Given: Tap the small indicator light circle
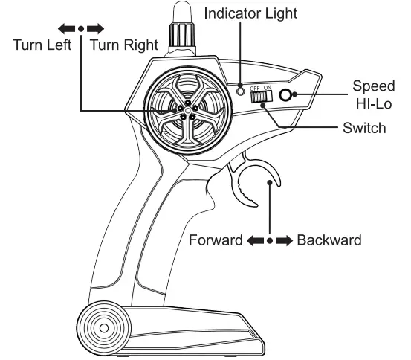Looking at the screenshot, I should [240, 91].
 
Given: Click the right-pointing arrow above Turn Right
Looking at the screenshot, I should [94, 29].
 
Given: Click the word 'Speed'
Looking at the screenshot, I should [368, 85].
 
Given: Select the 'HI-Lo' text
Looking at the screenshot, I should [369, 103].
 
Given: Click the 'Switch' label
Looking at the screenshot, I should [364, 128].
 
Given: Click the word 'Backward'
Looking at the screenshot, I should [329, 241].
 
